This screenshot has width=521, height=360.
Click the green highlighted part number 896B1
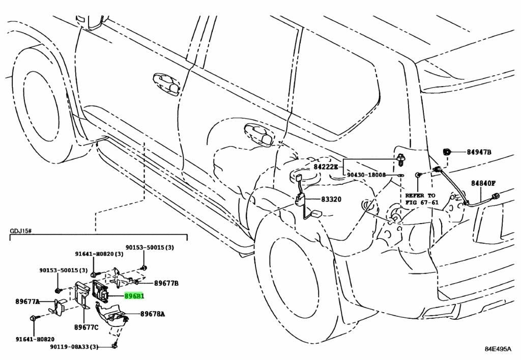coord(134,295)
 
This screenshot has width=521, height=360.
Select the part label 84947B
coord(479,152)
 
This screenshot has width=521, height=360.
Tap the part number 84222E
coord(326,166)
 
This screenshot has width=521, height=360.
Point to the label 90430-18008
coord(366,175)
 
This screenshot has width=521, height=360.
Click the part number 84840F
coord(483,183)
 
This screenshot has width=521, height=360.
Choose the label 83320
coord(331,199)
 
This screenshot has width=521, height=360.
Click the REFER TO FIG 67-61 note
coord(422,199)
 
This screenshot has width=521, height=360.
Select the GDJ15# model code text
coord(20,231)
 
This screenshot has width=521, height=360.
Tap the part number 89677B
coord(166,284)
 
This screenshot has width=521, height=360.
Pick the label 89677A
coord(27,301)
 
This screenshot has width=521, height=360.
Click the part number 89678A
coord(153,314)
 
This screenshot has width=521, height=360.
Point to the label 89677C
coord(86,327)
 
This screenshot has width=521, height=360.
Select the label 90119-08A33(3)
coord(74,347)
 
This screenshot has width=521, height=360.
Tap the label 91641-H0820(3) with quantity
coord(99,254)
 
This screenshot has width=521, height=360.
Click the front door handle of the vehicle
coord(166,85)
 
